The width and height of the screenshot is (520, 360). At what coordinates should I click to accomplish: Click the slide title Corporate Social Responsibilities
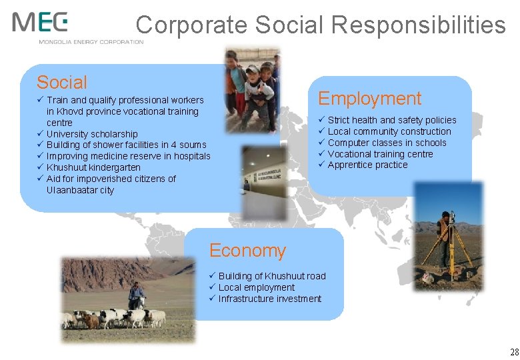click(321, 25)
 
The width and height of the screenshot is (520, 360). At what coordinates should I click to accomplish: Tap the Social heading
click(62, 83)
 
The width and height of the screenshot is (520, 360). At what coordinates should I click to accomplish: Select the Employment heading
click(369, 99)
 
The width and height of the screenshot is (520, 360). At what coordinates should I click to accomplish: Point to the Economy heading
click(247, 251)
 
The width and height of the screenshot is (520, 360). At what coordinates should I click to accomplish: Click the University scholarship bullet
click(92, 134)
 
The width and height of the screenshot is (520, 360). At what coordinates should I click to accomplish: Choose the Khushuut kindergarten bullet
click(93, 167)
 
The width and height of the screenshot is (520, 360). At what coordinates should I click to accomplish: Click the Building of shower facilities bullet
click(126, 145)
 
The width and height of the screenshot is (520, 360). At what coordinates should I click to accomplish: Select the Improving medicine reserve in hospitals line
click(128, 156)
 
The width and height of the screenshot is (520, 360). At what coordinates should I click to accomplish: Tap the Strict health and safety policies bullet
click(391, 120)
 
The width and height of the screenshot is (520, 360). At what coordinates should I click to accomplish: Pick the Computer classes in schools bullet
click(387, 143)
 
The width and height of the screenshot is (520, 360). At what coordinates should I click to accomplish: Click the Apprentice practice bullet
click(367, 165)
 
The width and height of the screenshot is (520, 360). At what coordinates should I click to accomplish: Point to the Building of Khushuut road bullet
click(272, 276)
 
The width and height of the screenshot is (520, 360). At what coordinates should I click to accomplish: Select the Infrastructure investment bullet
click(269, 299)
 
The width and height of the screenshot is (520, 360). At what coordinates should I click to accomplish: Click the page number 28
click(513, 351)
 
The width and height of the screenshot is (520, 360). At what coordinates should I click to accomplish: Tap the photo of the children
click(252, 90)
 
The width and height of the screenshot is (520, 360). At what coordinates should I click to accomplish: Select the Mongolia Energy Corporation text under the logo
click(91, 42)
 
